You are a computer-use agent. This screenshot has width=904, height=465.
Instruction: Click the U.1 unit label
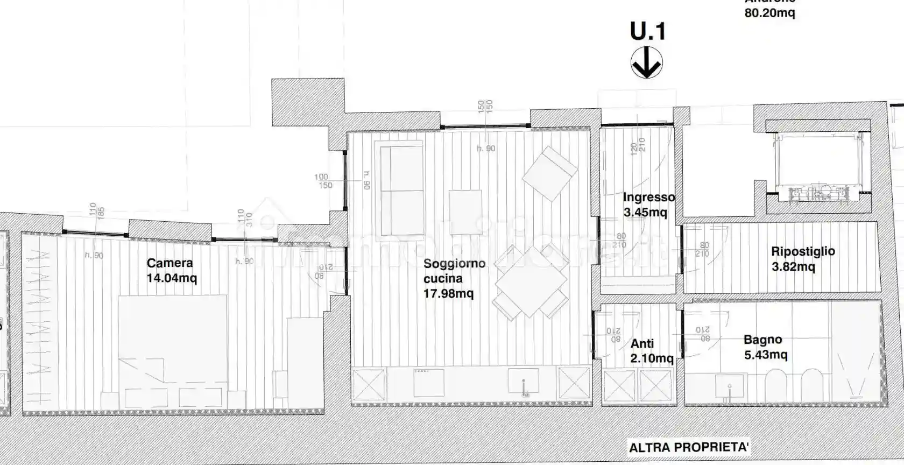tap(647, 32)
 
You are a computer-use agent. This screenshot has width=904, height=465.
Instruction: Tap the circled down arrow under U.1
tap(646, 63)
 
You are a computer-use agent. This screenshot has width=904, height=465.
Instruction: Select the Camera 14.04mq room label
tap(171, 270)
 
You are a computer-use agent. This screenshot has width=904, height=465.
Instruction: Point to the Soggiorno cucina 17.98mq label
tap(454, 278)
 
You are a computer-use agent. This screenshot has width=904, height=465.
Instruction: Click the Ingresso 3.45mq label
tap(648, 205)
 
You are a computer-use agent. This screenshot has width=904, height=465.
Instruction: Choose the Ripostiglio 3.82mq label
tap(802, 258)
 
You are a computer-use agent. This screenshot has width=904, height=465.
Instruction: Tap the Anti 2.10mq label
tap(651, 350)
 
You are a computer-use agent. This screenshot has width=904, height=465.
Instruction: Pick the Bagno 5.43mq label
tap(765, 347)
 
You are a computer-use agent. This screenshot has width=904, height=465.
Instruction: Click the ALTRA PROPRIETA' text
tap(689, 447)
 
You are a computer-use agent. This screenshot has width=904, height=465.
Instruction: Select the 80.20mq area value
tap(769, 12)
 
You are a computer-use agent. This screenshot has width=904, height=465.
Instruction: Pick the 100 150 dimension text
tap(323, 181)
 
